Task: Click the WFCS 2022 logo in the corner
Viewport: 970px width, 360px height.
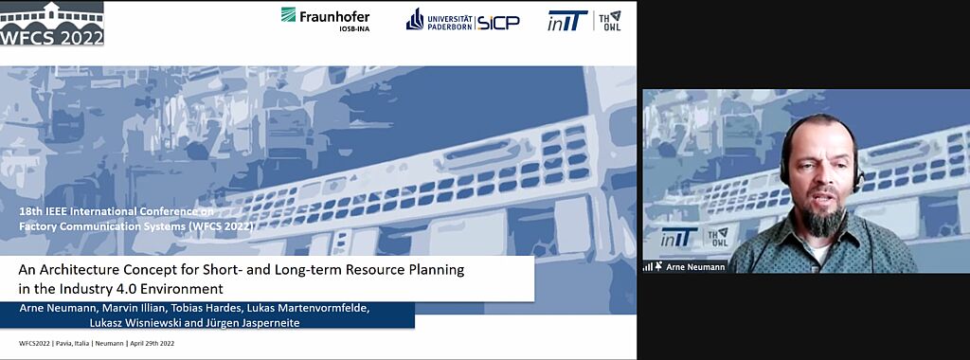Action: [52, 24]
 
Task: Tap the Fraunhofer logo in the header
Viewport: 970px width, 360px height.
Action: [326, 19]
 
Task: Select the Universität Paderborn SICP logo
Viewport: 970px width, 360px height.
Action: [462, 20]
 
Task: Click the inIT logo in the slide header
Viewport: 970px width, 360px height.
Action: [567, 21]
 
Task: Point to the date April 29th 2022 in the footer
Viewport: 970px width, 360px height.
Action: [153, 343]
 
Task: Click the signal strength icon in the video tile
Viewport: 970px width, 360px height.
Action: [648, 266]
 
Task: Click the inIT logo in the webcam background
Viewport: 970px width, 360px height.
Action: [678, 237]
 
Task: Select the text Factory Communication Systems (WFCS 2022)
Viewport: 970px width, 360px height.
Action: [136, 227]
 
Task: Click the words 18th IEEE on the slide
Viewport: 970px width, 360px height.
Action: [42, 211]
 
